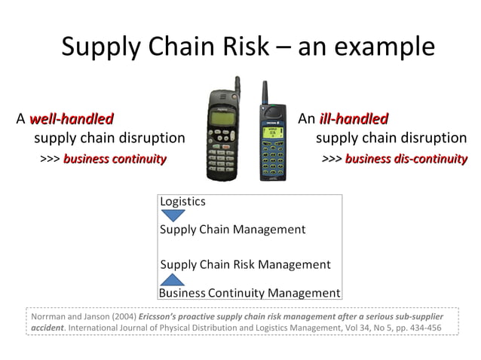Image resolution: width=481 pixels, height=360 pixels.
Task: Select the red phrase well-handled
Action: [x=72, y=119]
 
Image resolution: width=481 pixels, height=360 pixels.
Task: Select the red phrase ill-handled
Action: [x=354, y=119]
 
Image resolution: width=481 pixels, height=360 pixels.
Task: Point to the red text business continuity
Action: [x=115, y=159]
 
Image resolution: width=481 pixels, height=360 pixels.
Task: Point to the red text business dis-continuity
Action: [x=406, y=159]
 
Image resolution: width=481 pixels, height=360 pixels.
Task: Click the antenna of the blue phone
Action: [x=265, y=93]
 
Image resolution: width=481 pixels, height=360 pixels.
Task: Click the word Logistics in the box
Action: [x=182, y=202]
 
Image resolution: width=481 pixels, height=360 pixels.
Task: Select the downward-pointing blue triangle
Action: [x=173, y=215]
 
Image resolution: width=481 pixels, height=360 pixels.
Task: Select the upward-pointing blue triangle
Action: [x=173, y=279]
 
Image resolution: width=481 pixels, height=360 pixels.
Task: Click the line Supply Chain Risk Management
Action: [x=246, y=264]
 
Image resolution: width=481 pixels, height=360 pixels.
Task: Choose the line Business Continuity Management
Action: [x=250, y=293]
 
